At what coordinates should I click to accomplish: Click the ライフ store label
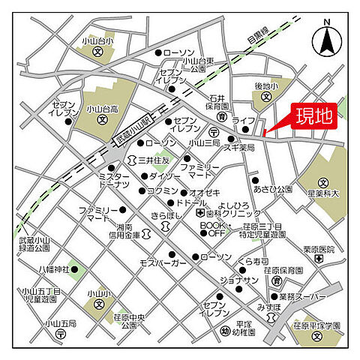click(x=243, y=120)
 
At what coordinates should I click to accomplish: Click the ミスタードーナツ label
click(x=114, y=180)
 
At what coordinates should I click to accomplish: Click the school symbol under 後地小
click(x=266, y=97)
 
